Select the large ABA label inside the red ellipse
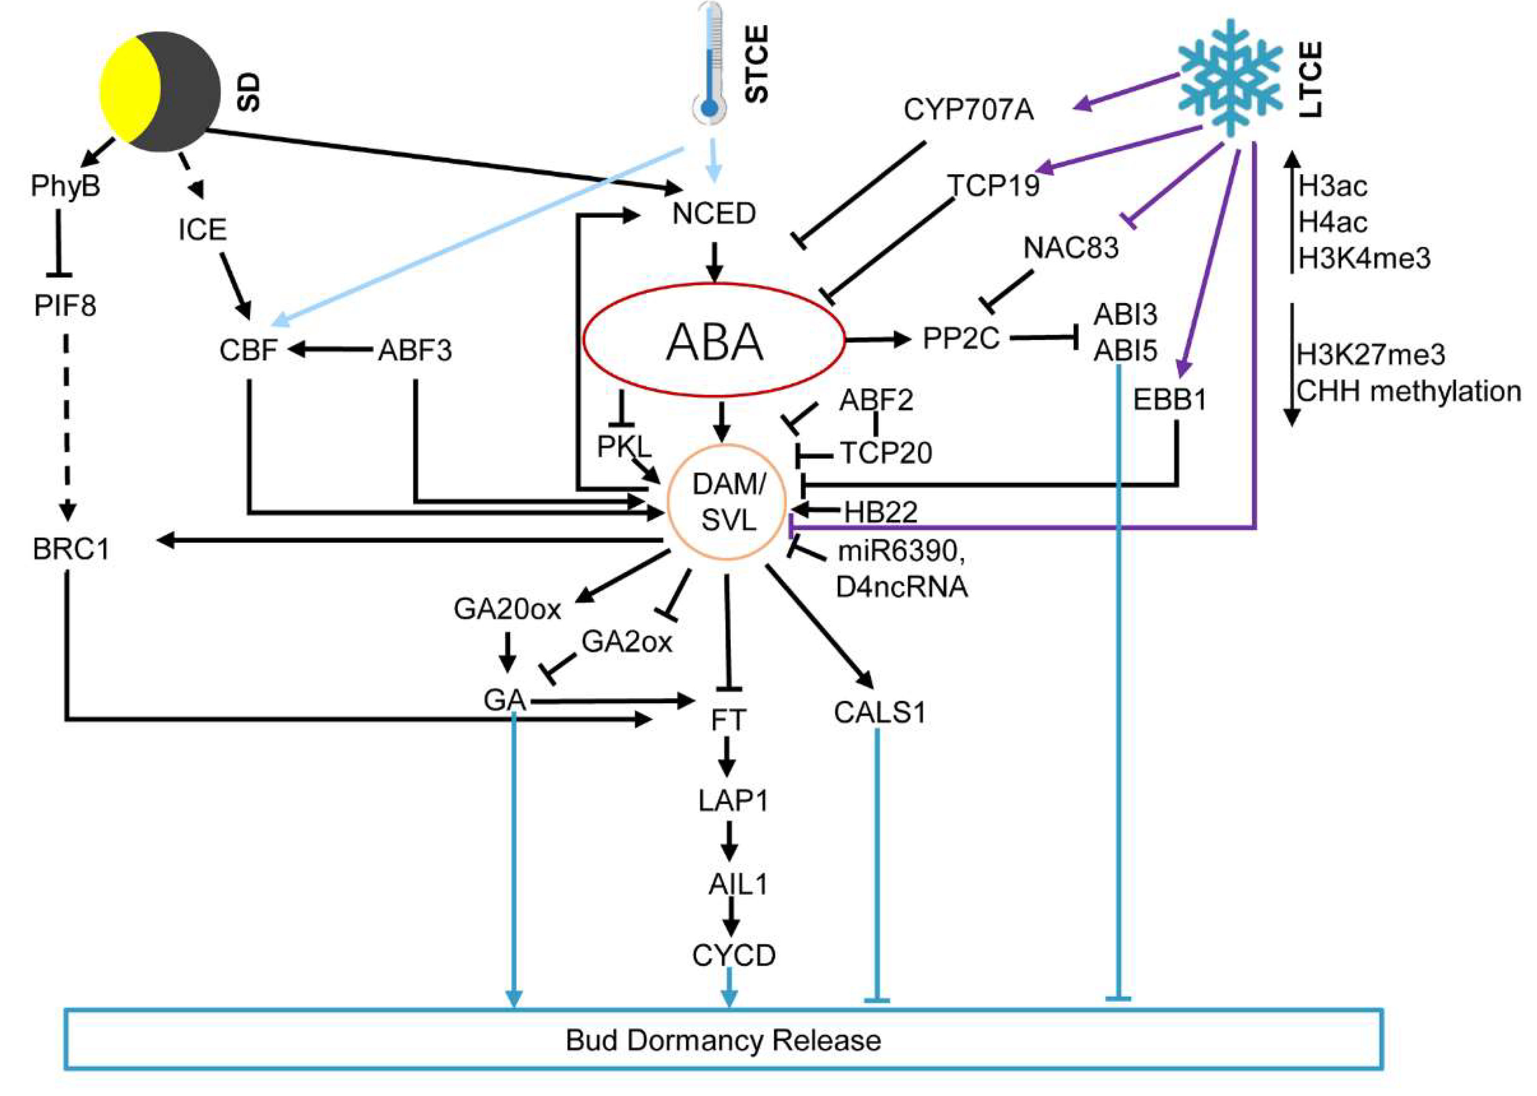tap(714, 342)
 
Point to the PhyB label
tap(65, 185)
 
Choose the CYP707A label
tap(968, 109)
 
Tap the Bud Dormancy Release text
tap(723, 1040)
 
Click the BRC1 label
tap(71, 549)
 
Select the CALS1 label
tap(879, 713)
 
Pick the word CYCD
tap(734, 955)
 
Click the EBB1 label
tap(1169, 400)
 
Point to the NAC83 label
tap(1071, 247)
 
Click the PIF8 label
tap(65, 306)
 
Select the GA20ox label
tap(507, 609)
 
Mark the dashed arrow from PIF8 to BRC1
tap(66, 425)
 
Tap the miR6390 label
tap(900, 552)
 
